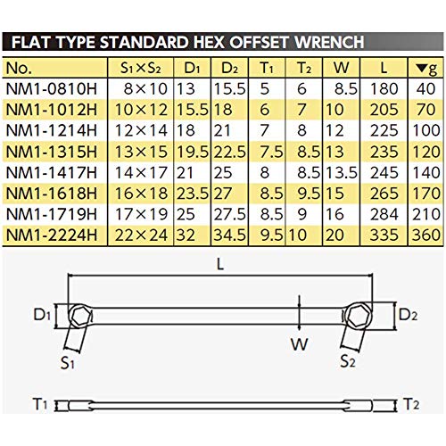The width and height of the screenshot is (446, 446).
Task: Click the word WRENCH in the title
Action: point(329,42)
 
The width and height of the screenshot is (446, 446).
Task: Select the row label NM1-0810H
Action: point(52,88)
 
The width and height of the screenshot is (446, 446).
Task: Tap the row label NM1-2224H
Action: point(52,235)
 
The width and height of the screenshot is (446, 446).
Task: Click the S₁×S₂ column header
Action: point(141,68)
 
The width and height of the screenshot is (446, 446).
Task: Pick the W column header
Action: point(342,68)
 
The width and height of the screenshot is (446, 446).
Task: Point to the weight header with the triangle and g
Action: point(426,69)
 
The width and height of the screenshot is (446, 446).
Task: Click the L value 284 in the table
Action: point(384,214)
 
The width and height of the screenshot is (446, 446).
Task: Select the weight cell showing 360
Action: point(426,235)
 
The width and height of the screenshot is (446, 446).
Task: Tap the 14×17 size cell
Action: point(141,172)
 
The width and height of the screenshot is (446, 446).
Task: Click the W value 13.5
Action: point(342,172)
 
